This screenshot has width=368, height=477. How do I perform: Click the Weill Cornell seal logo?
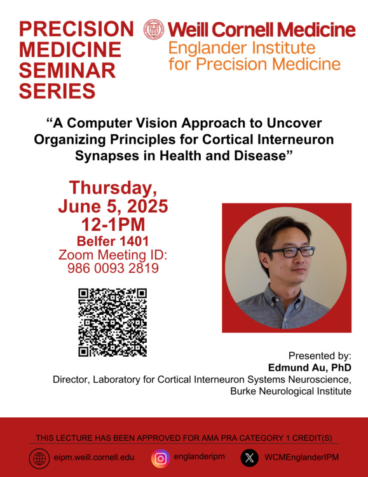tap(154, 29)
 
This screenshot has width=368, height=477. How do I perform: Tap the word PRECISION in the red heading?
tap(76, 29)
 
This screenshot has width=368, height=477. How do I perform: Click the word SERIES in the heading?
tap(57, 91)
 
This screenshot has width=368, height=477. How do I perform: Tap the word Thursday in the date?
tap(113, 188)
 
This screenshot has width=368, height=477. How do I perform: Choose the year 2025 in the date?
tap(147, 206)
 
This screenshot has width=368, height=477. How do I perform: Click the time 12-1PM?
tap(113, 225)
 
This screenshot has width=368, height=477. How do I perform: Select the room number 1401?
tap(134, 241)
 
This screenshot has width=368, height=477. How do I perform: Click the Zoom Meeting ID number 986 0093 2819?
tap(113, 268)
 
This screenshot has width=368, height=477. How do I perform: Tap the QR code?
tap(112, 322)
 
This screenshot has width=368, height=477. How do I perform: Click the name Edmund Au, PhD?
tap(310, 368)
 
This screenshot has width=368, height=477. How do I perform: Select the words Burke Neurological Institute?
tap(290, 391)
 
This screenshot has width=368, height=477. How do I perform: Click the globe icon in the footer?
tap(39, 459)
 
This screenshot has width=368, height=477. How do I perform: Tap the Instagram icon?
tap(161, 459)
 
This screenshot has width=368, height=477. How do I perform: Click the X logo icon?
tap(249, 458)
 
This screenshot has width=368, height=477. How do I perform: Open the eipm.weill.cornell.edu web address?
tap(94, 457)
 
